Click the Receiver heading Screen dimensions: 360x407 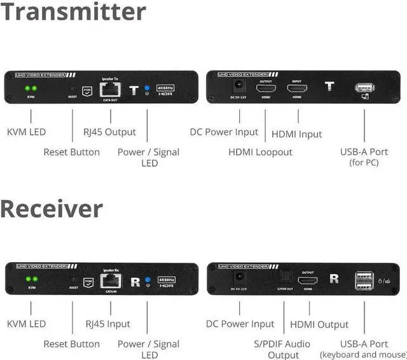pyautogui.click(x=52, y=209)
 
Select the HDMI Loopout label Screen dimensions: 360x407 pyautogui.click(x=260, y=152)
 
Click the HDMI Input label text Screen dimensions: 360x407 pyautogui.click(x=296, y=134)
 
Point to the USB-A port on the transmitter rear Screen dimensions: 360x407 pyautogui.click(x=364, y=89)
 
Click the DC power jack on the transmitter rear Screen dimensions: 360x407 pyautogui.click(x=240, y=87)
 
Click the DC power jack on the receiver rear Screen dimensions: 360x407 pyautogui.click(x=240, y=278)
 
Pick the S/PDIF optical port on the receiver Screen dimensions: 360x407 pyautogui.click(x=284, y=279)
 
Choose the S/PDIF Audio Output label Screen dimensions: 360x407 pyautogui.click(x=283, y=349)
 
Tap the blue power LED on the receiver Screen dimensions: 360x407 pyautogui.click(x=147, y=280)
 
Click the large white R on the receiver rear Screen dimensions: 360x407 pyautogui.click(x=333, y=279)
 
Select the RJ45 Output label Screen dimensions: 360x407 pyautogui.click(x=109, y=132)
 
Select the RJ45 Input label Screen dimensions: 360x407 pyautogui.click(x=107, y=324)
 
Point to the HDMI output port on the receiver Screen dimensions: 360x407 pyautogui.click(x=308, y=279)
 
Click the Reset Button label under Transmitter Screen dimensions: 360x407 pyautogui.click(x=71, y=152)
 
